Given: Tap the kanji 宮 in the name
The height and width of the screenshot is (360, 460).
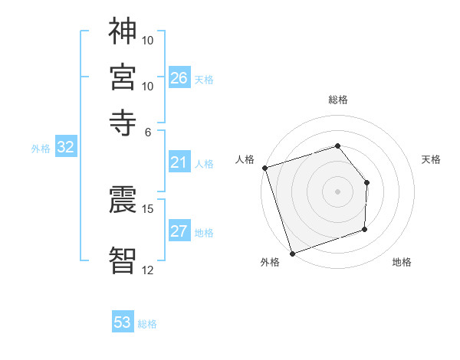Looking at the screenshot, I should point(123,77).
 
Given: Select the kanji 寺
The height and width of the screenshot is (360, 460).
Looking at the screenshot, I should point(123,122).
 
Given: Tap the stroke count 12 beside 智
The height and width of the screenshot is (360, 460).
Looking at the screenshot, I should point(148,270).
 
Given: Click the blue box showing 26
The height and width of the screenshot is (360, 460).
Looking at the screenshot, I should point(179,78).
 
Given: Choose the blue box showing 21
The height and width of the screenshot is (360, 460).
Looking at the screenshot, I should point(179,162).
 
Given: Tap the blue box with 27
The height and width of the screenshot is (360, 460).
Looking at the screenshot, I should point(179,232).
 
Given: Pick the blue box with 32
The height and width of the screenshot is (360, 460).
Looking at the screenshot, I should point(65,148).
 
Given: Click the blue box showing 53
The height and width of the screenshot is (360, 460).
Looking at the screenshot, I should point(123,322).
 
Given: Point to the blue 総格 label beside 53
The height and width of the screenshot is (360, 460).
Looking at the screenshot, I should point(147,324).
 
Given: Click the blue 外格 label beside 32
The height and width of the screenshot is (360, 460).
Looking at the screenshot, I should point(41,149).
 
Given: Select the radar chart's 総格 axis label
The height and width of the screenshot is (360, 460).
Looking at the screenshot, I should point(337,100).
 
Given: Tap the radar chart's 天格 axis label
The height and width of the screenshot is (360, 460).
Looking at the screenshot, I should point(431,159).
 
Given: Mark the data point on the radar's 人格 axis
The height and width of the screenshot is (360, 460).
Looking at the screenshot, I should point(264,168).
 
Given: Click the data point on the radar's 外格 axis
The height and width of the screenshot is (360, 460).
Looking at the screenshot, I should point(292,253).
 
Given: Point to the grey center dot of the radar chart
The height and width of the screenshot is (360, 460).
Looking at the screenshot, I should point(337,191).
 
